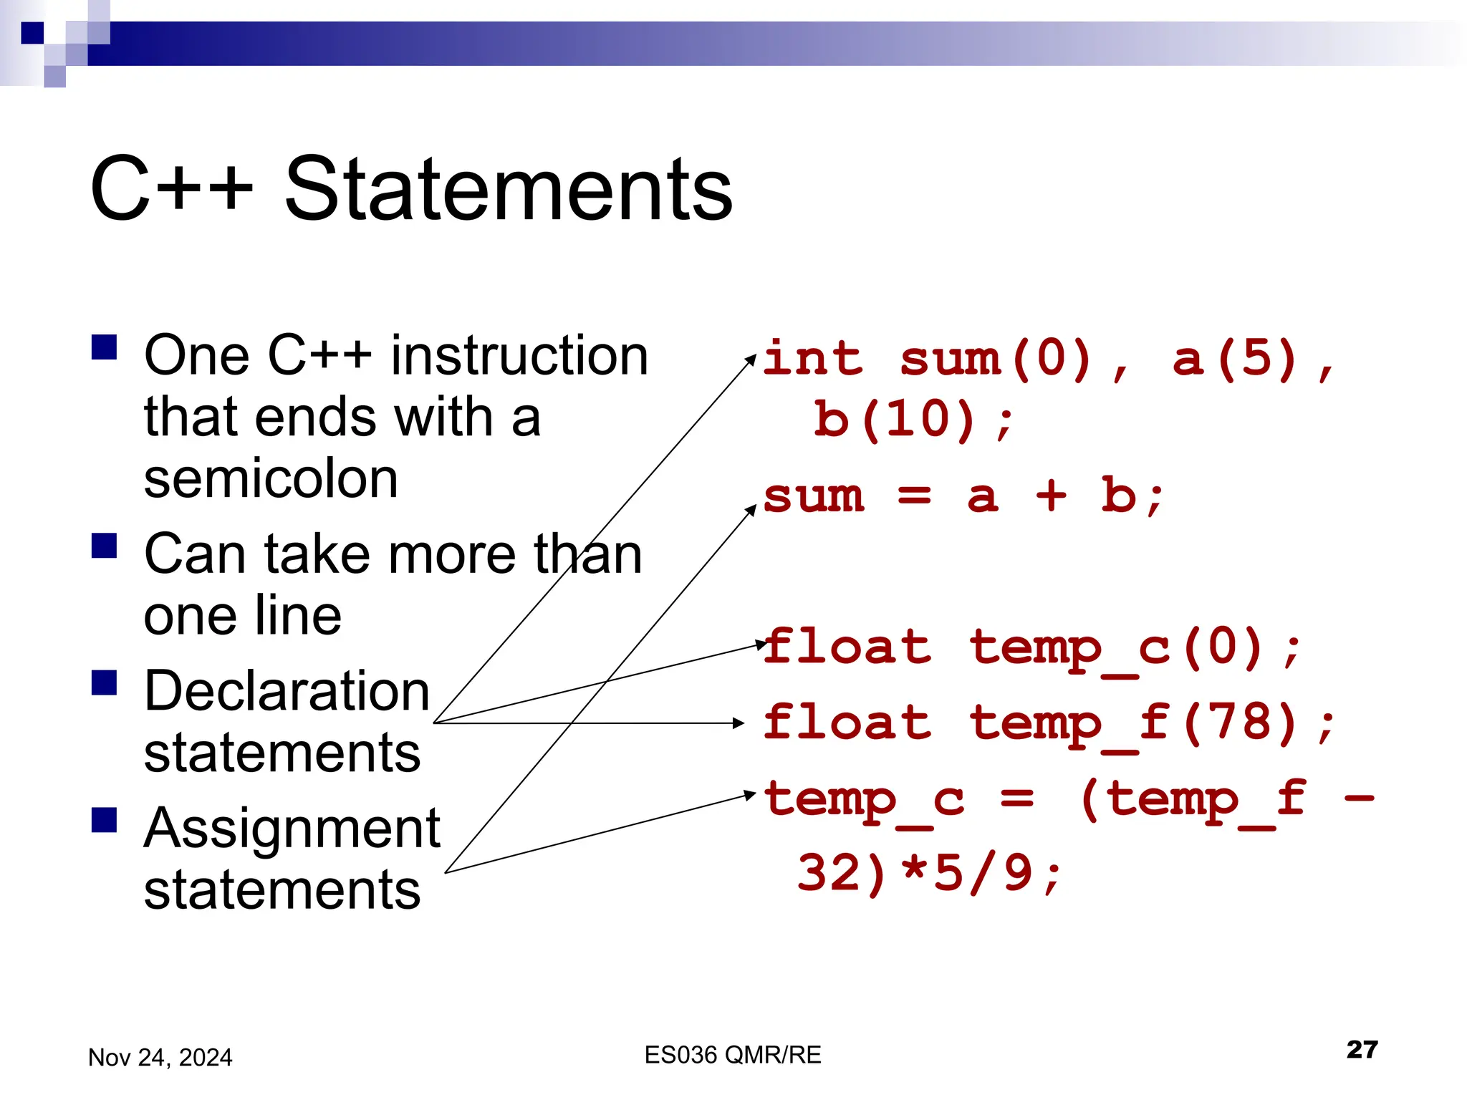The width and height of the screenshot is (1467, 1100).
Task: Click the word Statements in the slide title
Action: [x=508, y=189]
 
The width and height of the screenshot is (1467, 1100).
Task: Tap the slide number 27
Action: [x=1362, y=1049]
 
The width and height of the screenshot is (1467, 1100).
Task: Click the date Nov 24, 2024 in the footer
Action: [x=160, y=1057]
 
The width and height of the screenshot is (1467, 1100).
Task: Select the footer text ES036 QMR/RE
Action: [x=732, y=1055]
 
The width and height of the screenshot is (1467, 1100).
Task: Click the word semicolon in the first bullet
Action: [x=271, y=479]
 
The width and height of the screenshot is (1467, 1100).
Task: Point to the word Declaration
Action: [x=287, y=691]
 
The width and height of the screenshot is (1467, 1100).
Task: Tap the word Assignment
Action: [x=292, y=829]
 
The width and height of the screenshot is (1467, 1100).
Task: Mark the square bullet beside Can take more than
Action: [x=105, y=546]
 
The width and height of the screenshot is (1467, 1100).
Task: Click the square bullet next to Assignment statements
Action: [x=105, y=821]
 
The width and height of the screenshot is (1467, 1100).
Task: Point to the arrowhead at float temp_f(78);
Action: [x=740, y=723]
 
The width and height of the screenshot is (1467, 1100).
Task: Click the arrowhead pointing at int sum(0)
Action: [x=751, y=357]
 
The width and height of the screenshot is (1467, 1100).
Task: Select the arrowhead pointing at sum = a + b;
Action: [x=751, y=508]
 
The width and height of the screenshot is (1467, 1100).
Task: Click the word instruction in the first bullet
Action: [x=519, y=356]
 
